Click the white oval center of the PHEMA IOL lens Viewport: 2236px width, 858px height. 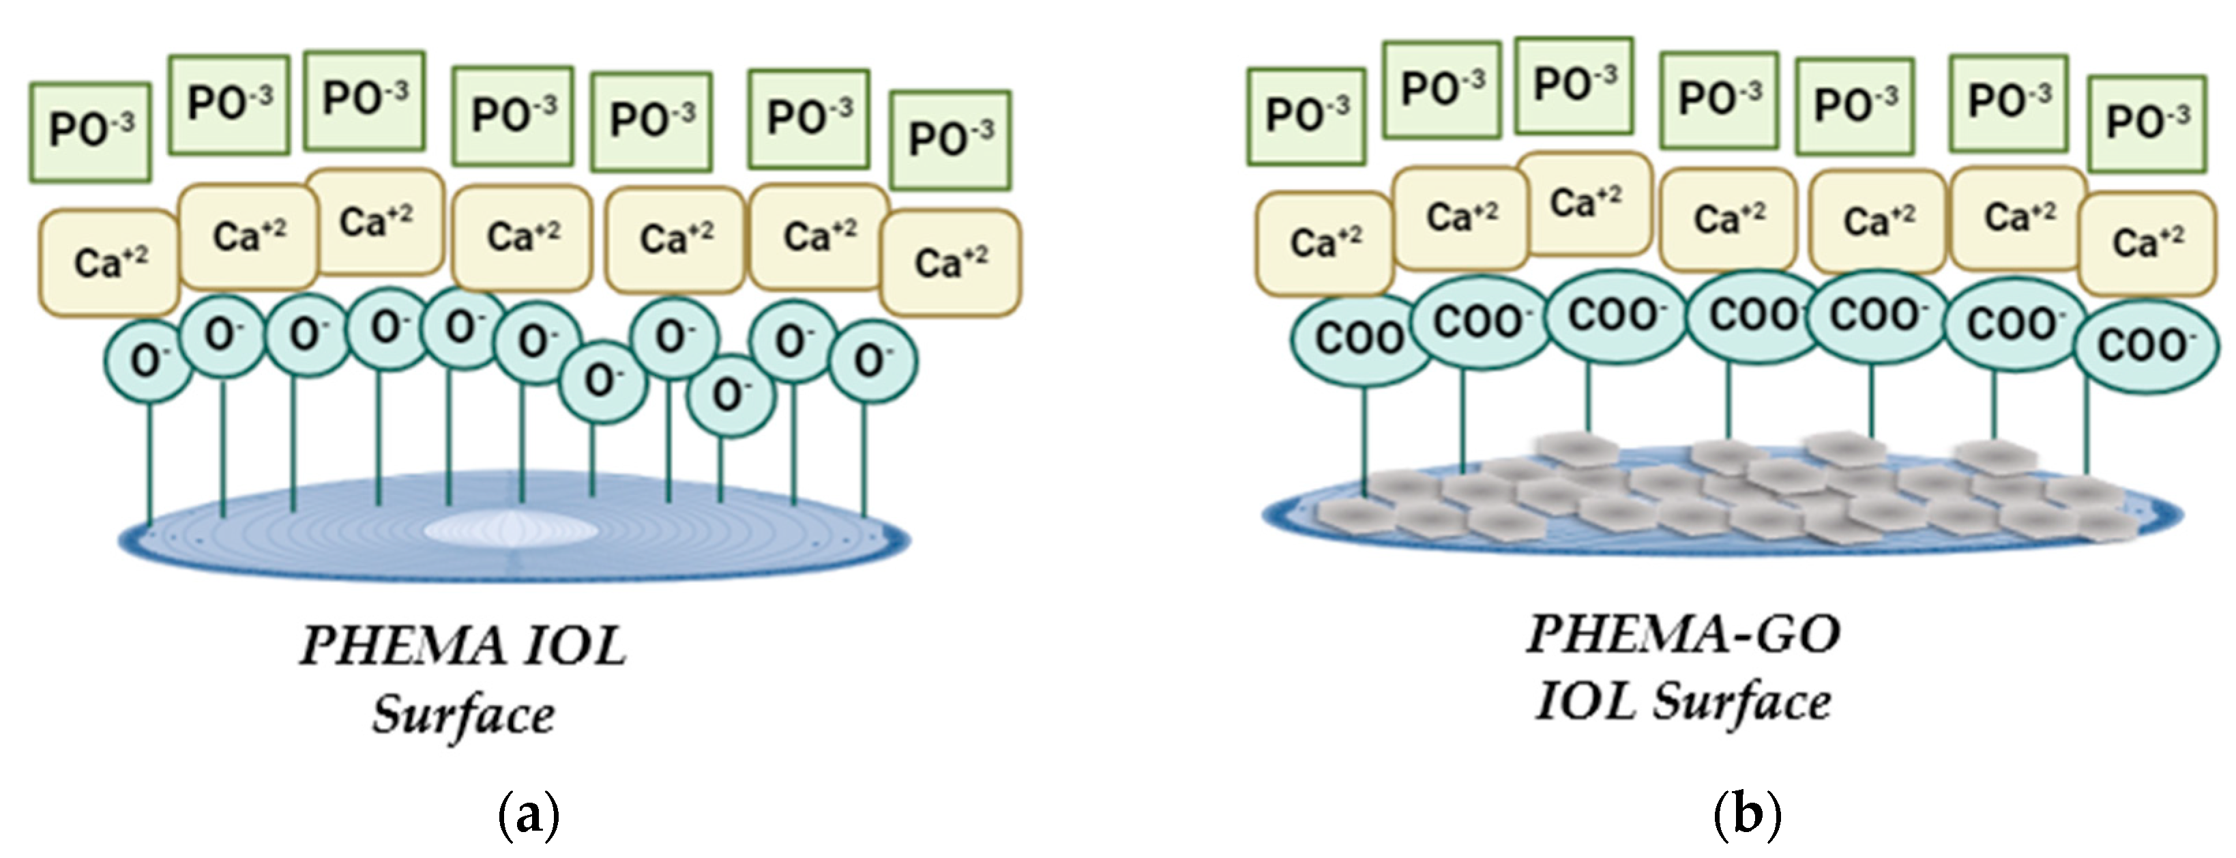[510, 529]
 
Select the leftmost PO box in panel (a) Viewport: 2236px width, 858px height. [90, 132]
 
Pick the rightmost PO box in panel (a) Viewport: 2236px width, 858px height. [950, 139]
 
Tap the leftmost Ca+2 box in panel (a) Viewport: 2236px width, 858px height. [109, 262]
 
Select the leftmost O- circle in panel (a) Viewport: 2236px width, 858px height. [147, 361]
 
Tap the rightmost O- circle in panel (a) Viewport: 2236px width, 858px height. [872, 361]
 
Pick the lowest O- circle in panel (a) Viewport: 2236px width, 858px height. [729, 395]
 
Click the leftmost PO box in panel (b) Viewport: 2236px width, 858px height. [1306, 115]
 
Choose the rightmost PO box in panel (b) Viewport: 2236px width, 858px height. [2147, 122]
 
